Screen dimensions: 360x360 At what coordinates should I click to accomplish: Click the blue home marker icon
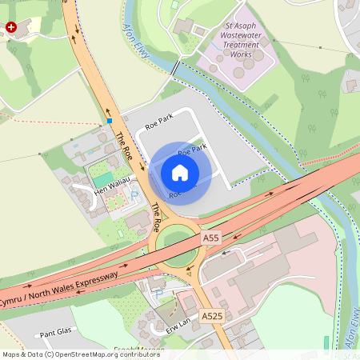point(179,173)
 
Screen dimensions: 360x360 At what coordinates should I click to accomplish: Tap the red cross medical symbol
point(11,27)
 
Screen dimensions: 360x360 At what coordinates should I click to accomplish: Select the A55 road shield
point(211,238)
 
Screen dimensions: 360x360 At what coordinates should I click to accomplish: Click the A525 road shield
point(212,317)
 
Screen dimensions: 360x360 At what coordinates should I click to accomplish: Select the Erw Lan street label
point(178,322)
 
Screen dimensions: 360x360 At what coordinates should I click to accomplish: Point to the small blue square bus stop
point(109,121)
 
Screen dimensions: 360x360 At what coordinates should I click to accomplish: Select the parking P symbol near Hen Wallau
point(134,194)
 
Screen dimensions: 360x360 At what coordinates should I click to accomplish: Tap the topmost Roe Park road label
point(159,123)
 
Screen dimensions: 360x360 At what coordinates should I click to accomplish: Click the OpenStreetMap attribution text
point(81,354)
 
